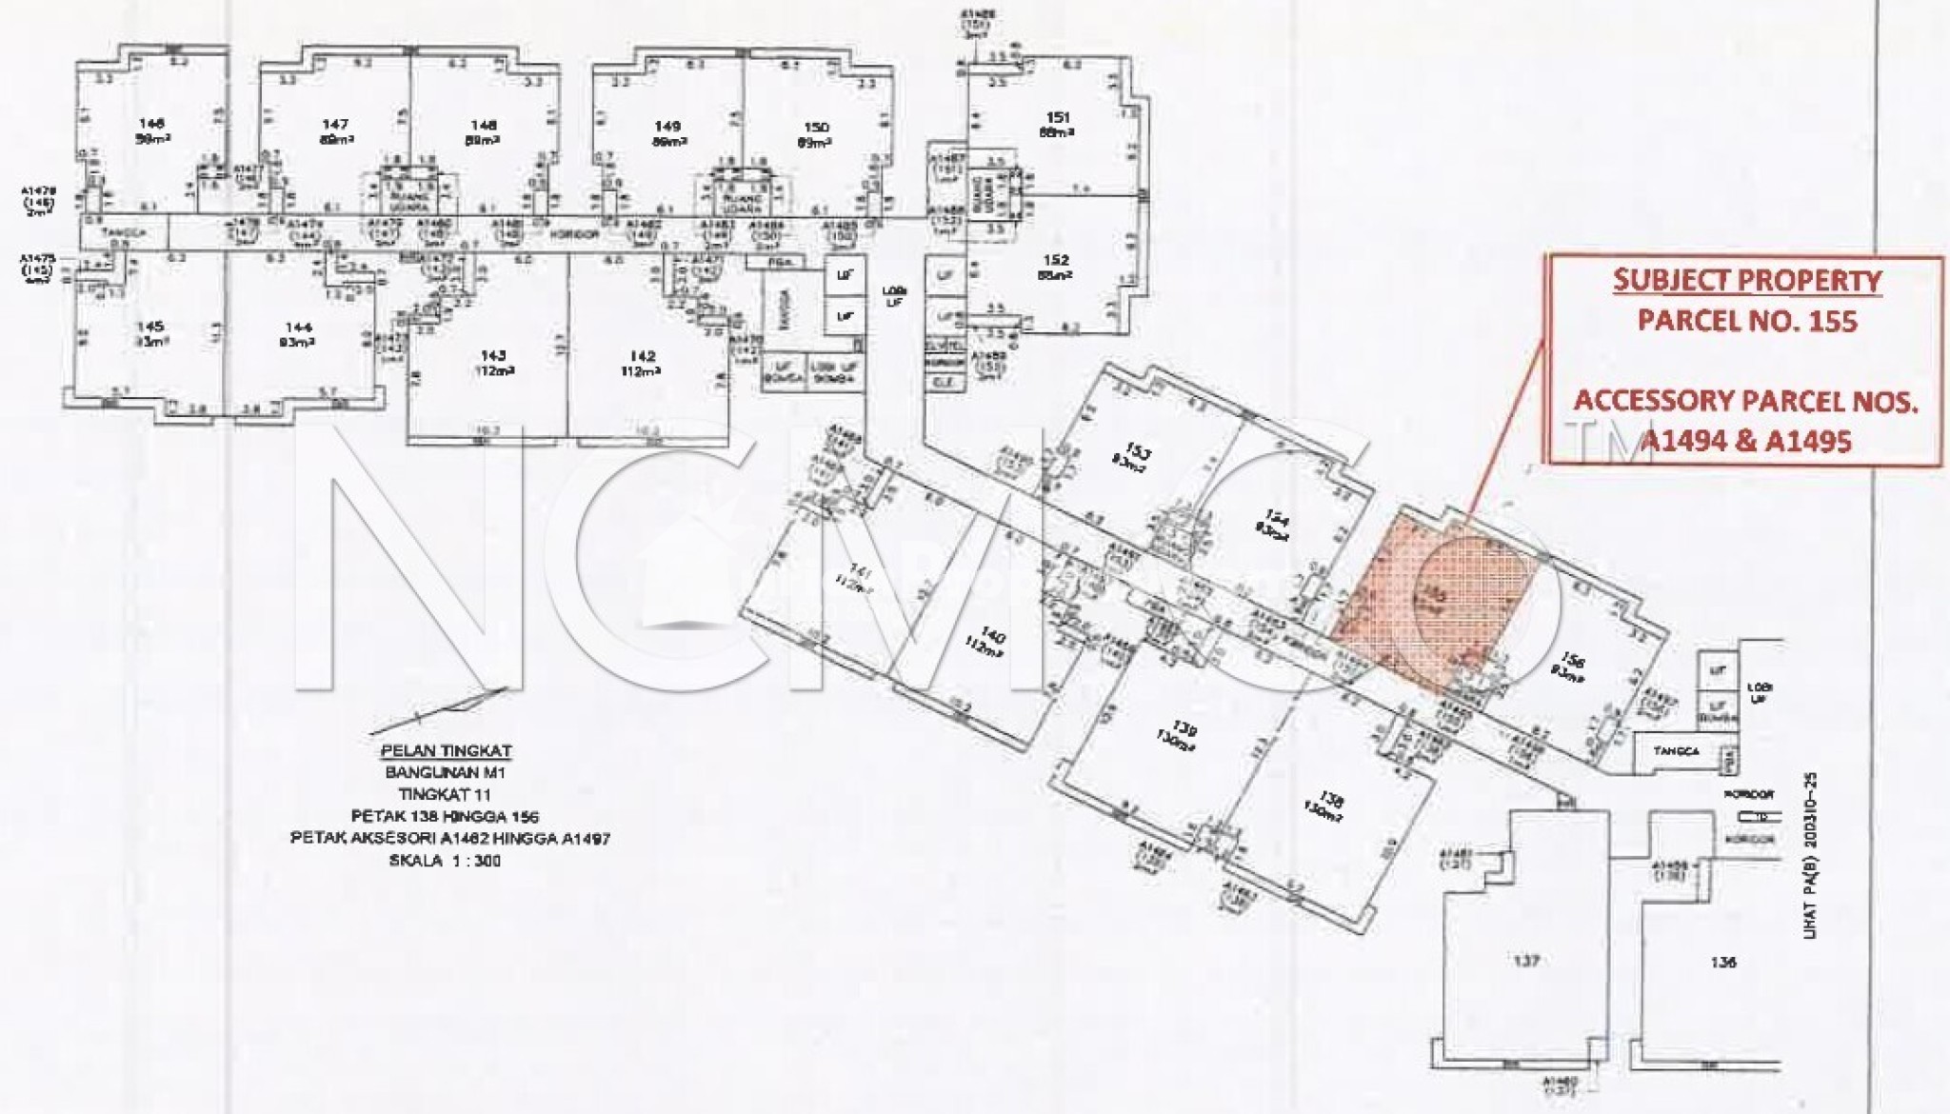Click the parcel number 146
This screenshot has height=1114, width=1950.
[151, 123]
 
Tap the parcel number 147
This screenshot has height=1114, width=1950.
[335, 124]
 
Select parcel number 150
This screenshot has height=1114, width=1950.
[816, 127]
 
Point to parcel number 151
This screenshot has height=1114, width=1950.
[1058, 118]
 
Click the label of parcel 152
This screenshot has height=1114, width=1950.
[1056, 260]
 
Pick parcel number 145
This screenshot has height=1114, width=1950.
[150, 327]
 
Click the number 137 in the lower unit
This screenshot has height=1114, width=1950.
[1525, 961]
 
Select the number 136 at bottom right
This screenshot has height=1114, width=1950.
[1723, 962]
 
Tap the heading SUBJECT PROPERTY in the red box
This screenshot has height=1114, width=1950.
[1746, 281]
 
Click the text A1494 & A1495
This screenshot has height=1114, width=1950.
[1746, 441]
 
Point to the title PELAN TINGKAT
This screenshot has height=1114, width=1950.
[446, 751]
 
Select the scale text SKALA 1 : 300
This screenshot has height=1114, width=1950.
[445, 861]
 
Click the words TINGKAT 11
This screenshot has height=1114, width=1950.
[445, 795]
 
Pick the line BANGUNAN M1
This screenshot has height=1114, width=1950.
[445, 773]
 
